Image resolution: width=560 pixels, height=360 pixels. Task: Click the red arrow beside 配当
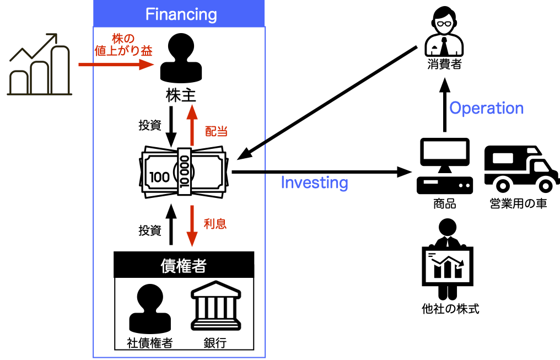coord(192,126)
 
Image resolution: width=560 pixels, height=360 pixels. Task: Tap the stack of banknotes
coord(183,170)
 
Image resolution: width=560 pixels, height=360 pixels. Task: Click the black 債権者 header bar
coord(184,265)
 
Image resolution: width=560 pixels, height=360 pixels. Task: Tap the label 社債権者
coord(150,343)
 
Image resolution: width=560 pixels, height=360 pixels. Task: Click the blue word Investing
coord(314,182)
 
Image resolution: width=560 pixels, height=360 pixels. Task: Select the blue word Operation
coord(486,108)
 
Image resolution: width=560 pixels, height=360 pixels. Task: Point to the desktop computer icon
coord(444,165)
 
